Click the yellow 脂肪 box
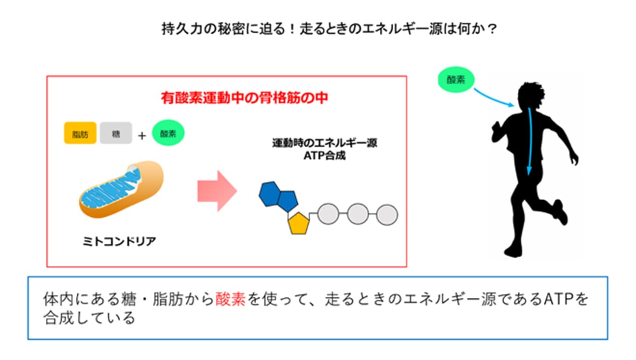[80, 133]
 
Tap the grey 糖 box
[116, 133]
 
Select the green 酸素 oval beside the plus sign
[168, 133]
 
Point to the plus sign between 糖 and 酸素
[142, 136]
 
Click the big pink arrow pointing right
[217, 191]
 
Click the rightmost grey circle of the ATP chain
[387, 214]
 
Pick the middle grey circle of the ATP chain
[358, 214]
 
